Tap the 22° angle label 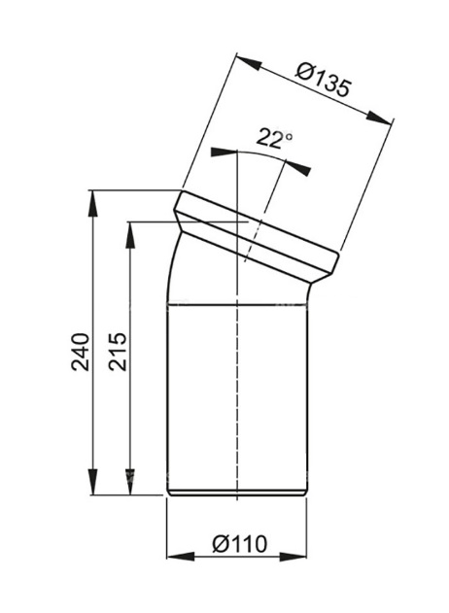coord(275,138)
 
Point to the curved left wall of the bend coord(172,272)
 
